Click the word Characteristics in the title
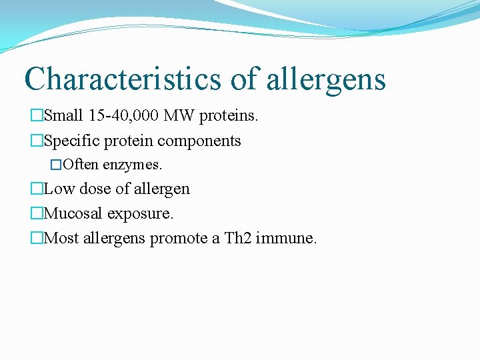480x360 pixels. [123, 79]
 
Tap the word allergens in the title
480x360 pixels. [326, 79]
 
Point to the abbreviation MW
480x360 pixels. [179, 116]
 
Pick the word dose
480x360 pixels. [95, 189]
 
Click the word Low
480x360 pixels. [59, 189]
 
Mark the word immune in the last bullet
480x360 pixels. [288, 237]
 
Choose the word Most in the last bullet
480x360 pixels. [61, 237]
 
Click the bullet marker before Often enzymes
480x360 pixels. [56, 164]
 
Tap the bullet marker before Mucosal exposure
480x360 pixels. [36, 213]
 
